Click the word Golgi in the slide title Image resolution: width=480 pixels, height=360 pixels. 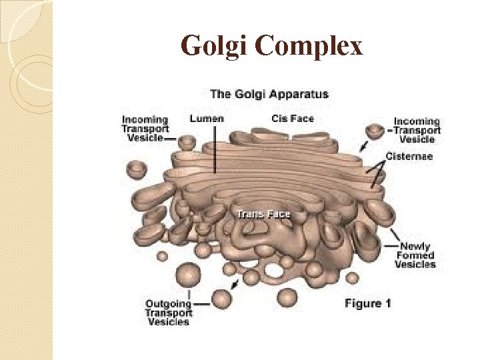click(x=214, y=47)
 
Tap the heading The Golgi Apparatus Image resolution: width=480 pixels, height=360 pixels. click(x=269, y=94)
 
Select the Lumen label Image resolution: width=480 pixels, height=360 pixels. click(x=207, y=119)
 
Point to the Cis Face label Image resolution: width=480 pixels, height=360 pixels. click(x=293, y=119)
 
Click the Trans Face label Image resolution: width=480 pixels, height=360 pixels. click(x=264, y=214)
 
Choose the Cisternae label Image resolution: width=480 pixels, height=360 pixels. click(x=409, y=157)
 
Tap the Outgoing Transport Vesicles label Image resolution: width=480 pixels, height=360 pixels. click(x=169, y=313)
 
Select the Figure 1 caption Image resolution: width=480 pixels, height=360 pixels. click(x=367, y=304)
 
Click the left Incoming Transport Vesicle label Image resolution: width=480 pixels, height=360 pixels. click(x=145, y=129)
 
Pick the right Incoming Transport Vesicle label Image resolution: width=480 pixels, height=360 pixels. click(x=417, y=130)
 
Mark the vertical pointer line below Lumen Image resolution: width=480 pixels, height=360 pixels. click(x=215, y=150)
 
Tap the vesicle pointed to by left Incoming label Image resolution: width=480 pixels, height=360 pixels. click(x=187, y=141)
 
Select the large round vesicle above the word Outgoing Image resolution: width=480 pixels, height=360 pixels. click(x=189, y=275)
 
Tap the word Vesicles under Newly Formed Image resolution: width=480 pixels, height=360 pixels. click(x=415, y=265)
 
